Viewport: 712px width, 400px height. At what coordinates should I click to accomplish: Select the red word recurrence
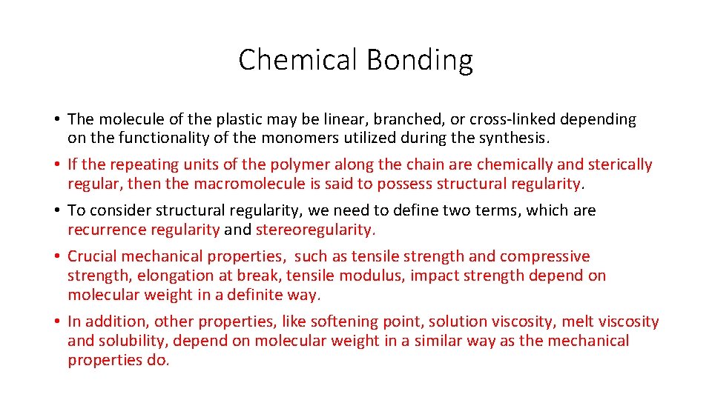tap(106, 230)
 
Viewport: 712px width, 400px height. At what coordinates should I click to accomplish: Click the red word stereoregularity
tap(315, 230)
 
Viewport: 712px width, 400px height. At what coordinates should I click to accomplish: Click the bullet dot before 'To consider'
tap(56, 211)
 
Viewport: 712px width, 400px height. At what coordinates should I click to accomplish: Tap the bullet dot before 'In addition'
tap(56, 322)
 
